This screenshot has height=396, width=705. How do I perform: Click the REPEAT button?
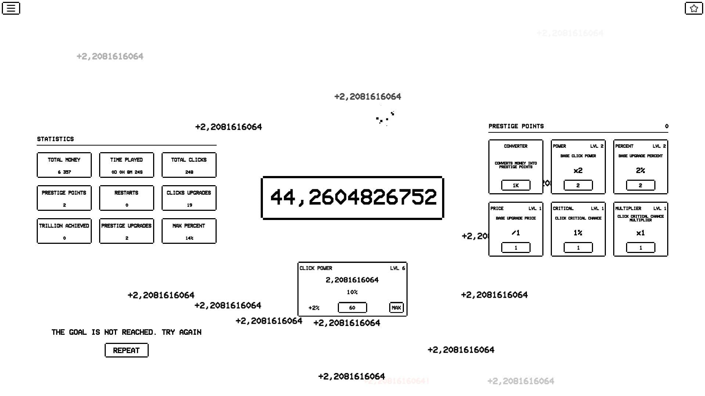126,350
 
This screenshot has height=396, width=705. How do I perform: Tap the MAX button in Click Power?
396,308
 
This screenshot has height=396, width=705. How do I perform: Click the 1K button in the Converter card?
516,185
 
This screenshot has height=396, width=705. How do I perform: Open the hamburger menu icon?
11,8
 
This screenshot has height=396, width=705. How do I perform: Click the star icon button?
694,8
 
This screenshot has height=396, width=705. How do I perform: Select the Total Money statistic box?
64,165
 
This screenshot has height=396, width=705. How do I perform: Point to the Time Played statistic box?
127,165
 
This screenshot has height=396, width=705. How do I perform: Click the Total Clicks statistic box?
189,165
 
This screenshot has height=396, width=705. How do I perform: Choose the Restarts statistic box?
127,198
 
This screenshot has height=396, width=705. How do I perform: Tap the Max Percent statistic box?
189,231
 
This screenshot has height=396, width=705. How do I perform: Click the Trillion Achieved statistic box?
64,231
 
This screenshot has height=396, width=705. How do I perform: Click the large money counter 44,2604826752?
352,198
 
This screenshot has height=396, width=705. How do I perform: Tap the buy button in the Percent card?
640,185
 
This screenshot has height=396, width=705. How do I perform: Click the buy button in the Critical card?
578,247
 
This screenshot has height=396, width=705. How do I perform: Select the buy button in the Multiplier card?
640,247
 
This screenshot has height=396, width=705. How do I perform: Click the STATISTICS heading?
55,139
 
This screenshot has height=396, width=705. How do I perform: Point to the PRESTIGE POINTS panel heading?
516,126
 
